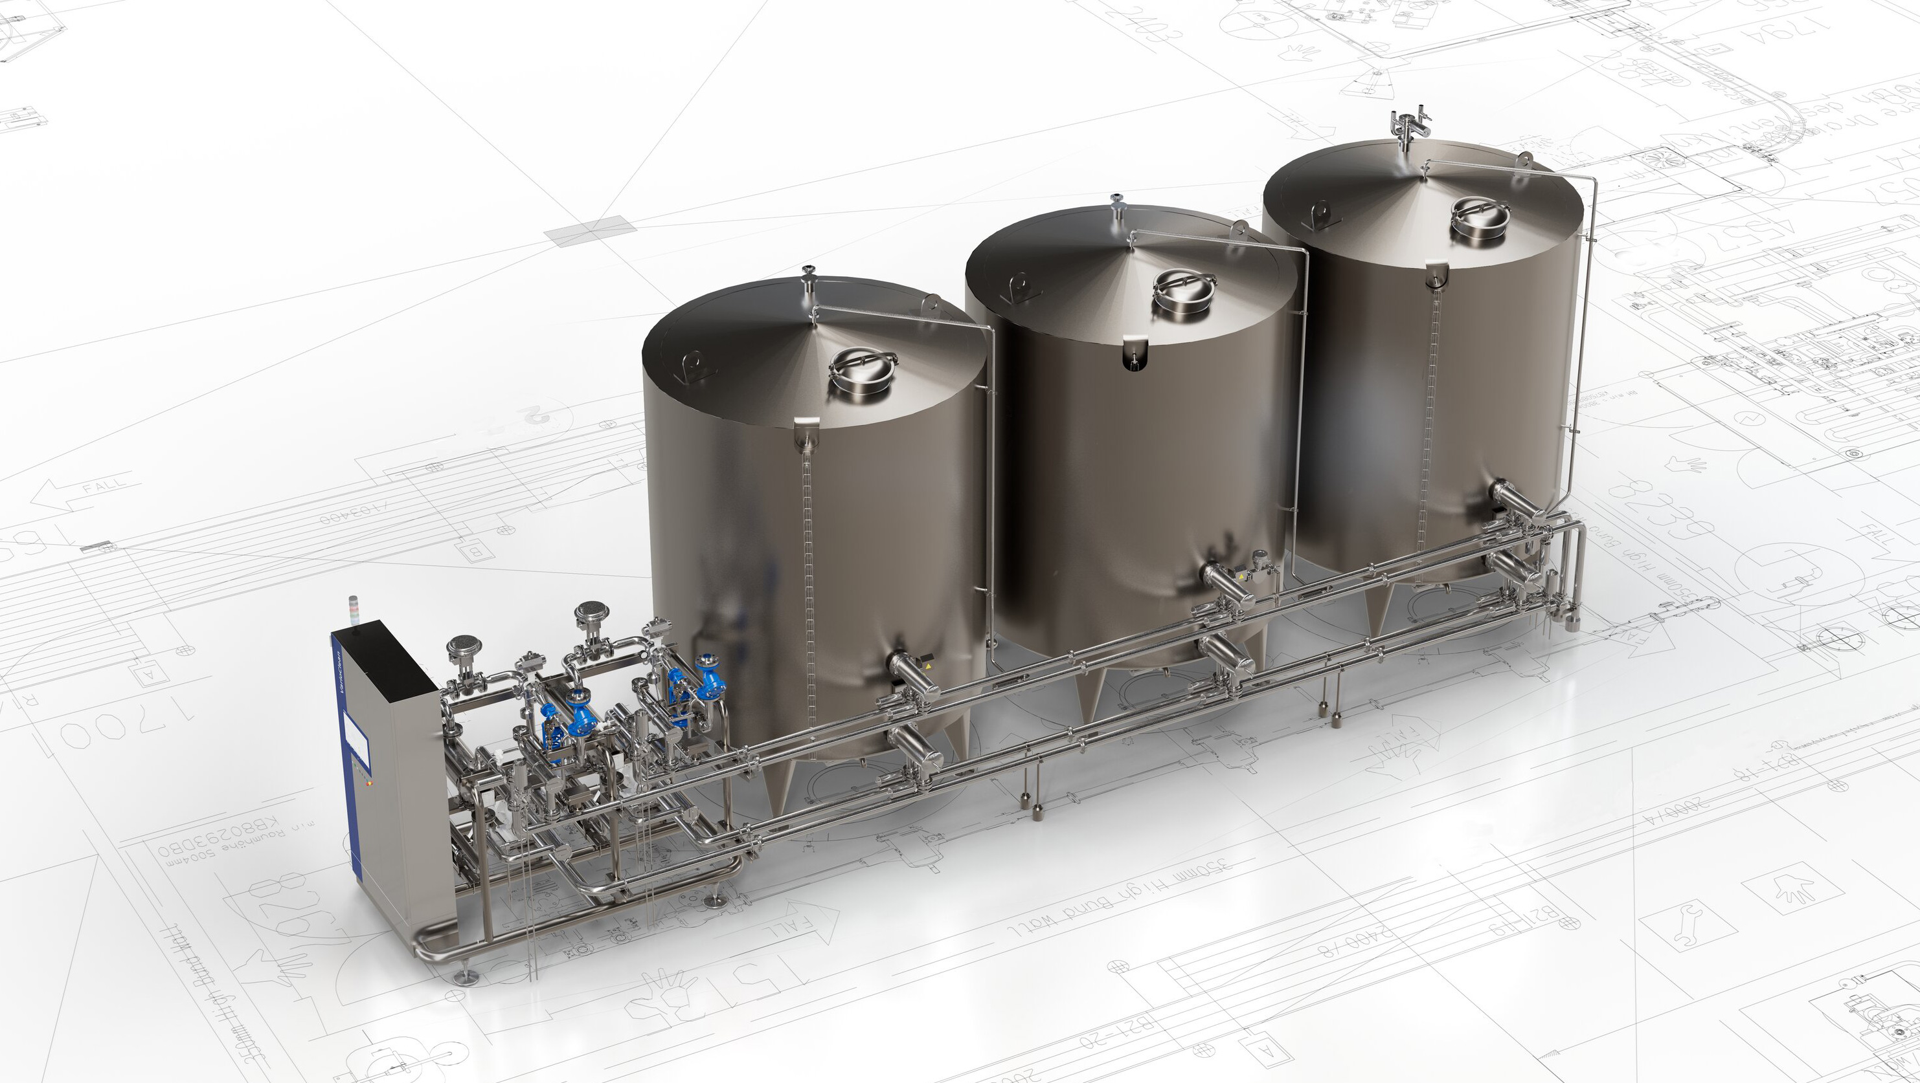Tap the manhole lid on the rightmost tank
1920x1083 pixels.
point(1480,215)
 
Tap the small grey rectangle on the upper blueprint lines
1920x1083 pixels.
point(591,230)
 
